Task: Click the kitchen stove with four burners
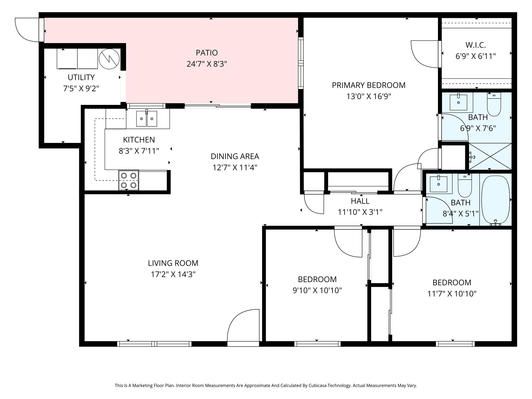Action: tap(129, 180)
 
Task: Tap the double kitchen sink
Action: tap(147, 118)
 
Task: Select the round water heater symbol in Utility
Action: tap(109, 59)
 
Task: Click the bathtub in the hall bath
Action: tap(495, 199)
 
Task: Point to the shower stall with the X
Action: tap(490, 157)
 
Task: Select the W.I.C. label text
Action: tap(476, 45)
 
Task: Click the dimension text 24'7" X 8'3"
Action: tap(207, 64)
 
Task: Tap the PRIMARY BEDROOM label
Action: tap(369, 85)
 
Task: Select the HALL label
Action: tap(360, 201)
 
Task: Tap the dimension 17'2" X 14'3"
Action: tap(173, 274)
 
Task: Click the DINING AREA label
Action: tap(235, 156)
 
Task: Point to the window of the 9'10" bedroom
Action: tap(317, 344)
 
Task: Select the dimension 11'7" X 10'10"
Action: tap(452, 294)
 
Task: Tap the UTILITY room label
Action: tap(81, 77)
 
